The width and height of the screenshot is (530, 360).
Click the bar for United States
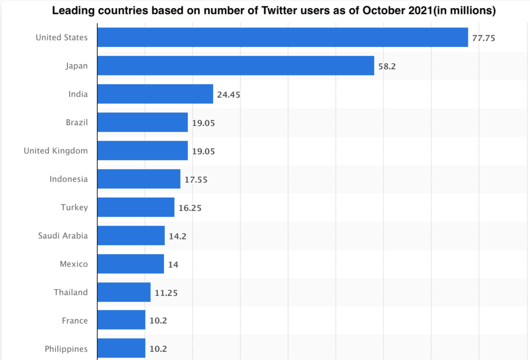283,37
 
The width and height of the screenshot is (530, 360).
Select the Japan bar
235,66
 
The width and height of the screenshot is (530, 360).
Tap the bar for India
155,94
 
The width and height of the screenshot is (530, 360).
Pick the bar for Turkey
136,207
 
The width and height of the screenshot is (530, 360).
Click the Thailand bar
124,292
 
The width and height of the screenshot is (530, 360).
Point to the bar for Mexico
130,264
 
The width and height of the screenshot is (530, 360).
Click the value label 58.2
387,66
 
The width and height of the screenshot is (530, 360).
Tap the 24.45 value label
228,95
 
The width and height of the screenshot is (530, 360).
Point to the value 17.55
196,179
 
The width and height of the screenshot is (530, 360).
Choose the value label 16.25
190,208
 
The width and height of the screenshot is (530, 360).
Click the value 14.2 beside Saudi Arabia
178,236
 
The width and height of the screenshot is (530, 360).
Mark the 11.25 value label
166,293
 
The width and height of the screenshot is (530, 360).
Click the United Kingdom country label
56,151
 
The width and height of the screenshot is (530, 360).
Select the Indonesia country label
69,179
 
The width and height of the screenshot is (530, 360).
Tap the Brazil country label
77,123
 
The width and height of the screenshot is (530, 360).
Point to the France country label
75,321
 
